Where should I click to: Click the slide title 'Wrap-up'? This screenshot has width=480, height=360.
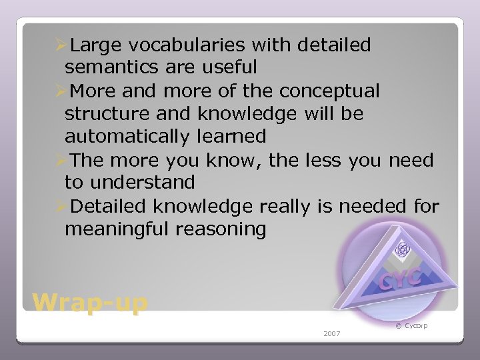pyautogui.click(x=90, y=303)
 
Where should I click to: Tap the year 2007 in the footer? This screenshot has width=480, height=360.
pyautogui.click(x=331, y=333)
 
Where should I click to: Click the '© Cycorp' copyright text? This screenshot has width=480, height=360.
pyautogui.click(x=411, y=325)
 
